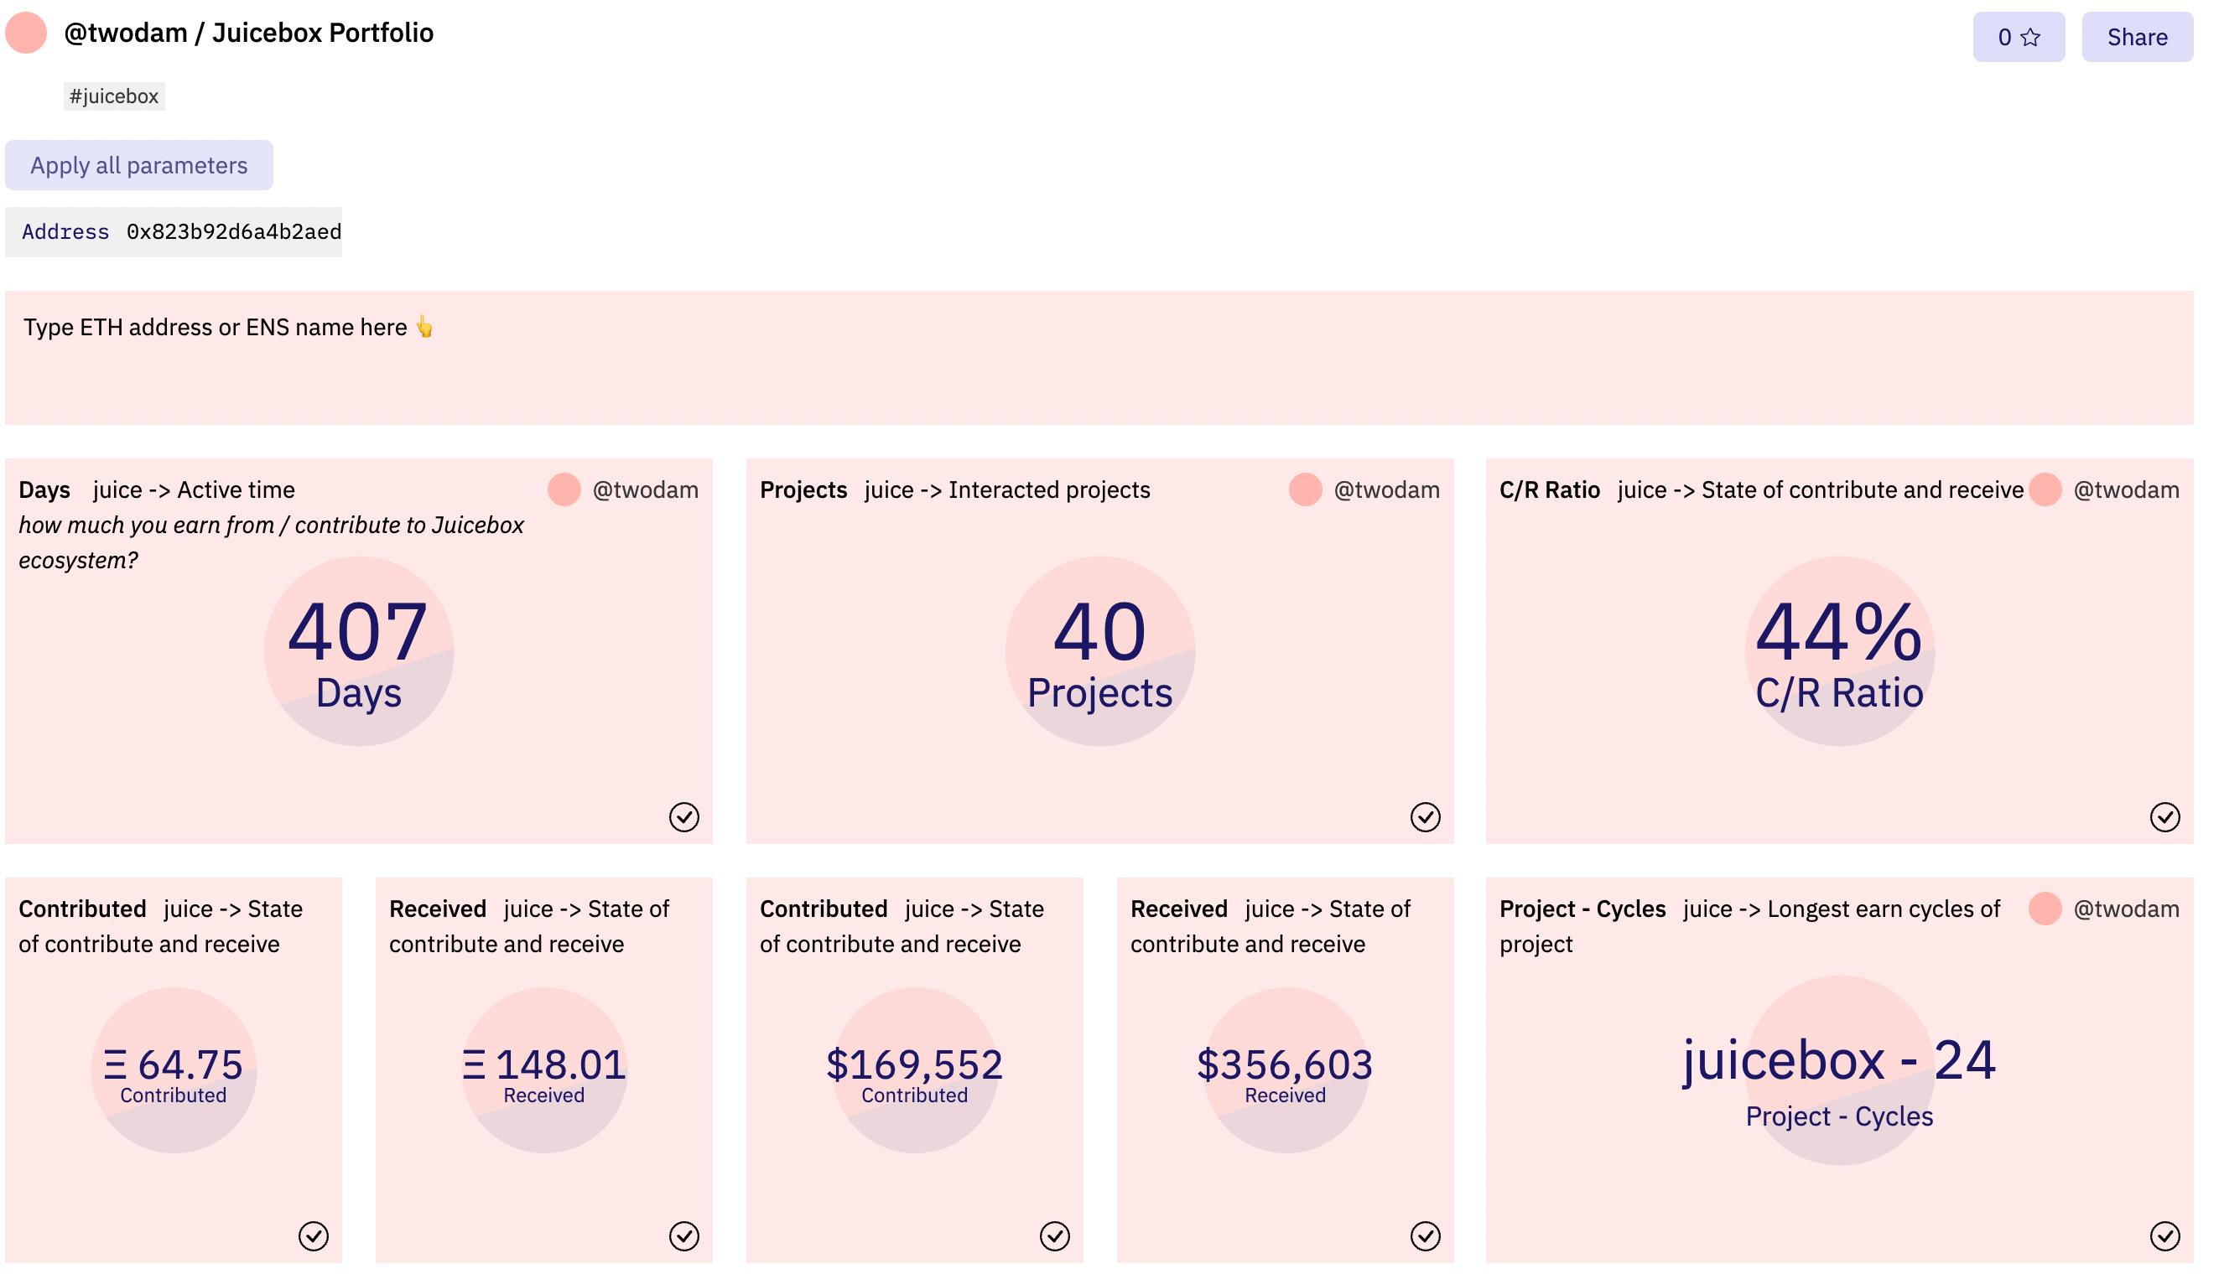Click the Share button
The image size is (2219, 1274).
[2136, 37]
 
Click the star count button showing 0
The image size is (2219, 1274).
[2018, 37]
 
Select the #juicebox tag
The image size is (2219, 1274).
[114, 96]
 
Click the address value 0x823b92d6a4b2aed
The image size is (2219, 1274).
[234, 232]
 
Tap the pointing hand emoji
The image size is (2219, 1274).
[424, 327]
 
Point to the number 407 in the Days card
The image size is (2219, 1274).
[358, 632]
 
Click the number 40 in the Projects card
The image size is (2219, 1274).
[1099, 632]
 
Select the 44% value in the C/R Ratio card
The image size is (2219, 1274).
[1838, 632]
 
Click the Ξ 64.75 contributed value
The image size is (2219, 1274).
[174, 1064]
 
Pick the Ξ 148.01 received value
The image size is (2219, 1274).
[543, 1064]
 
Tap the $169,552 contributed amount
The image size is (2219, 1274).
[914, 1064]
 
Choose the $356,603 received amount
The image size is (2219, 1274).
[1284, 1064]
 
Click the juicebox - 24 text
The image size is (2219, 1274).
[1838, 1060]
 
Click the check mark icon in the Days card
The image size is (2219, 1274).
[683, 816]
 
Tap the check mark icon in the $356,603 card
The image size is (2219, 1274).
[1425, 1235]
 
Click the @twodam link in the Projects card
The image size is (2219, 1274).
[1385, 490]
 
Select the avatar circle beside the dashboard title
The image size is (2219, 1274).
[26, 34]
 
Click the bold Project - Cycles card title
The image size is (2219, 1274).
[1582, 909]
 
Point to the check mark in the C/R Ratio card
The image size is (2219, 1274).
[2164, 816]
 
